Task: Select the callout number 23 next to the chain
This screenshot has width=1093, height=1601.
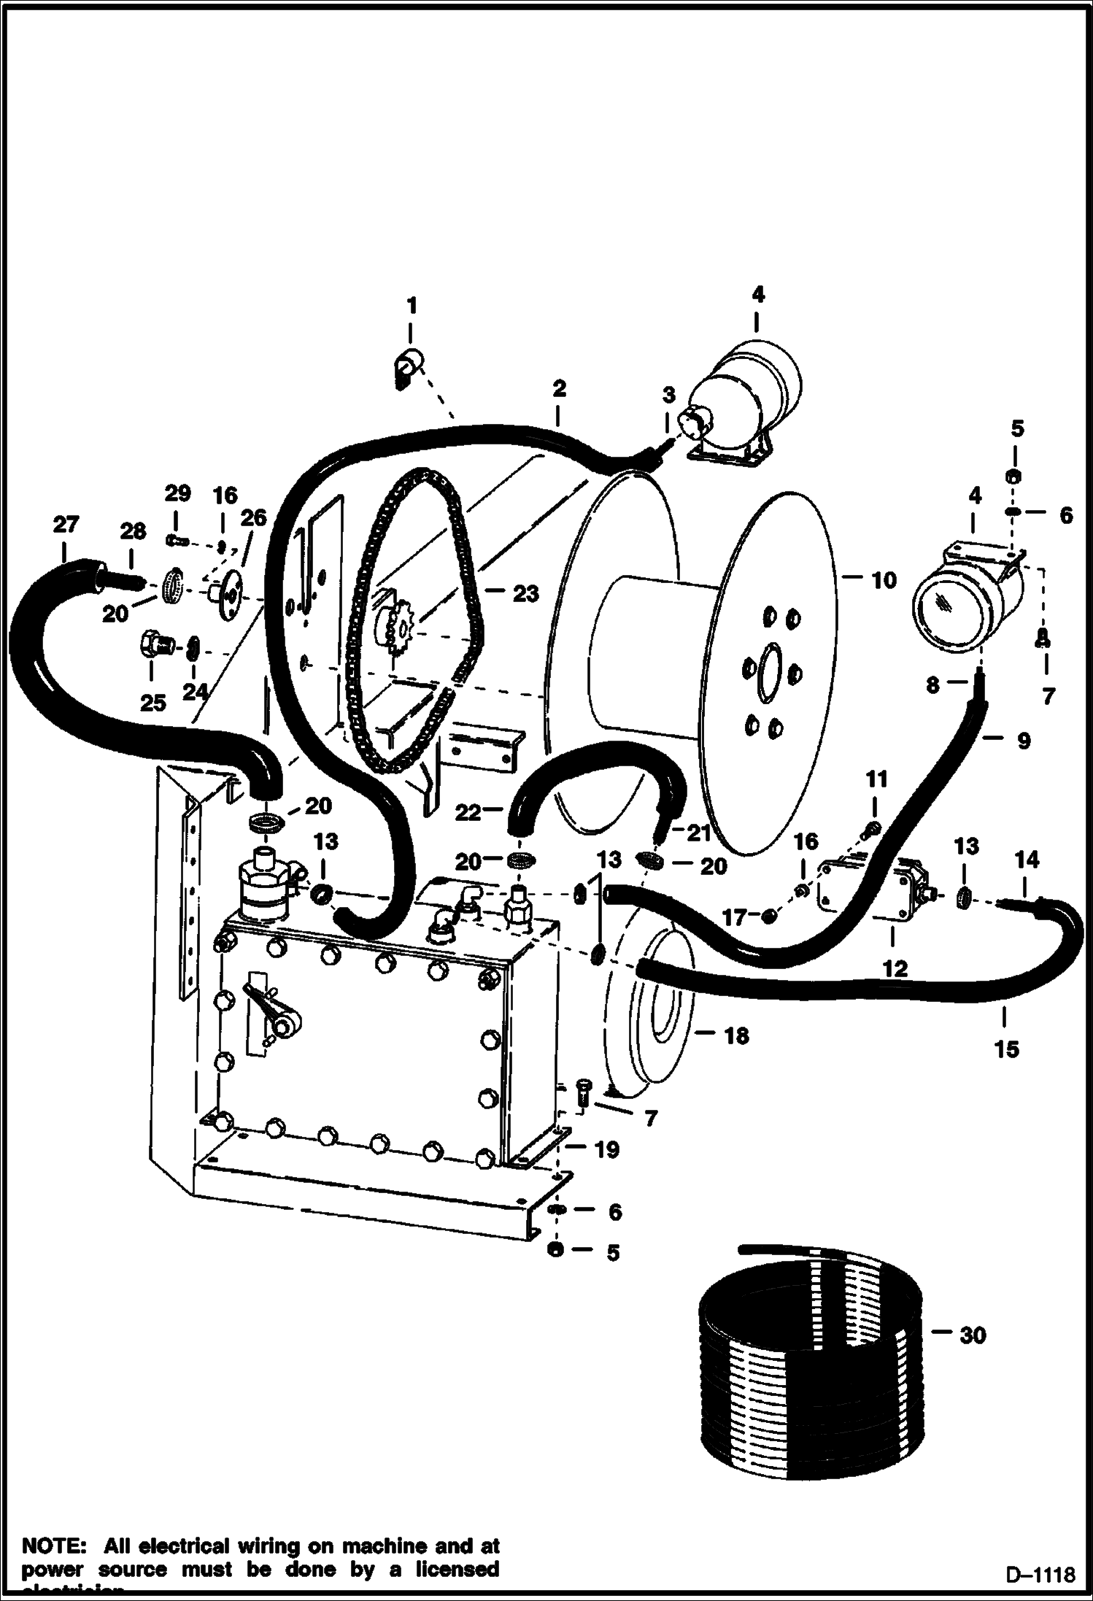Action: [x=525, y=593]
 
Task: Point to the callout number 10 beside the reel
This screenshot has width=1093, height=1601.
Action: [x=883, y=580]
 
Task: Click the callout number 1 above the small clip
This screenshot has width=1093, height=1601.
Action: [x=412, y=305]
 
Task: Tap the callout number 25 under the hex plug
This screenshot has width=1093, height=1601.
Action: [x=154, y=703]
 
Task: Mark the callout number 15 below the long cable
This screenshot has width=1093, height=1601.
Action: [x=1006, y=1049]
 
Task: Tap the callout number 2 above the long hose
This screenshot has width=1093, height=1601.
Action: [x=558, y=388]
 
